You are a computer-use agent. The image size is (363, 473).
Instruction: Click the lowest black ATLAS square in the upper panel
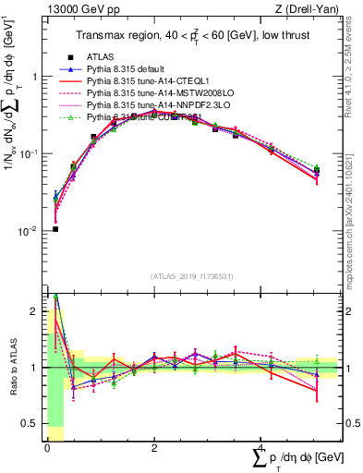(55, 229)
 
